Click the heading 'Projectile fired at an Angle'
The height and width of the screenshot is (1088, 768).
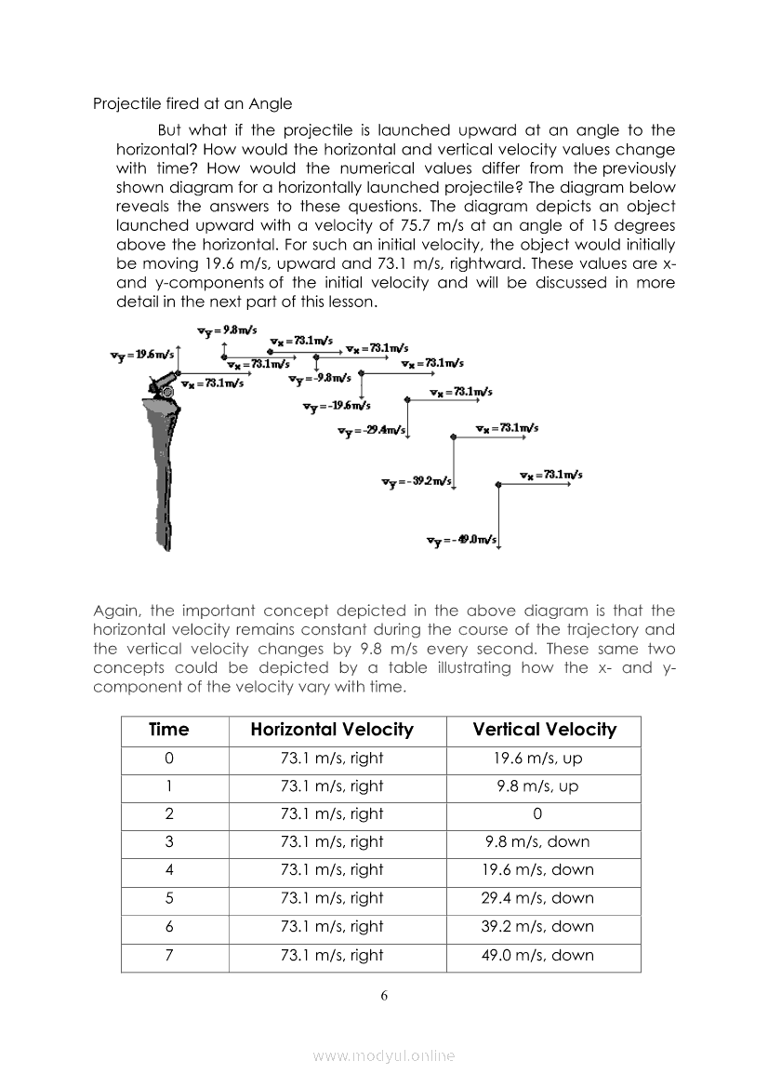coord(192,103)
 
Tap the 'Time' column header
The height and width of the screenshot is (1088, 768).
coord(168,730)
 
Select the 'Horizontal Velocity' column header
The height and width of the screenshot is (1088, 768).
coord(332,730)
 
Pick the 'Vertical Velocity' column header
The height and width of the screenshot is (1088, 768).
coord(544,730)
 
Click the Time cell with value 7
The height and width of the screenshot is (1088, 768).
coord(168,955)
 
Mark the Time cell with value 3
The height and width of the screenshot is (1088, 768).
coord(168,841)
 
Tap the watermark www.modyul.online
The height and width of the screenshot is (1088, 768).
coord(384,1055)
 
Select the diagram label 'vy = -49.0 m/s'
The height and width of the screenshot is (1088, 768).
coord(461,541)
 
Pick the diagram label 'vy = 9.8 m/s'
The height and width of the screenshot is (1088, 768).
coord(220,330)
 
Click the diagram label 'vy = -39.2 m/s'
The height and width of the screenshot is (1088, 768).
coord(416,481)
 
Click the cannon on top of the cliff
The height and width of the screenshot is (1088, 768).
coord(162,383)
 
